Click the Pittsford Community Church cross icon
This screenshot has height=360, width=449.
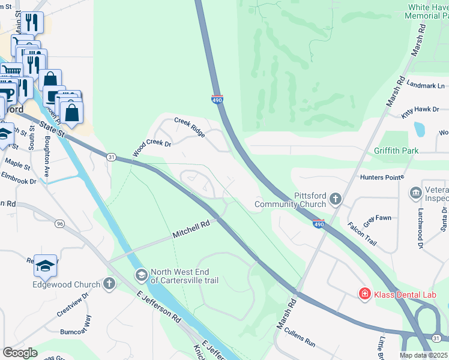tap(336, 198)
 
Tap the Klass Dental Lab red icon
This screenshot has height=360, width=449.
tap(364, 293)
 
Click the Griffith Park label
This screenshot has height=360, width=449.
tap(396, 151)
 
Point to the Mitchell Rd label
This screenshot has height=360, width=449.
tap(191, 229)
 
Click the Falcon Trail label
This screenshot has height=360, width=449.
tap(362, 233)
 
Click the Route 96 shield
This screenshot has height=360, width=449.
tap(59, 224)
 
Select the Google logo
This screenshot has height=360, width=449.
tap(20, 353)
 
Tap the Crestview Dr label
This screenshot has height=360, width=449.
tap(73, 305)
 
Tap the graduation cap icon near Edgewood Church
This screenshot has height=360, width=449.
tap(45, 266)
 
